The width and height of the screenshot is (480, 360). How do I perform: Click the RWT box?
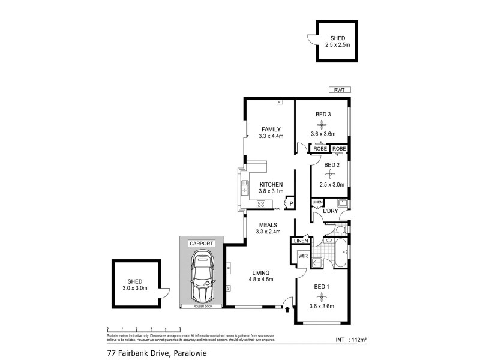tap(339, 90)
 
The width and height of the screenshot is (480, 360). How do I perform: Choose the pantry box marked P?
tap(290, 204)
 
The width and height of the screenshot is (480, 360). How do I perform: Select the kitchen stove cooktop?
tap(262, 205)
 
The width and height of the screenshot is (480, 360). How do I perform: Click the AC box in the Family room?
tap(279, 102)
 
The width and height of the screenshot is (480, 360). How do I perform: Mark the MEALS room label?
tap(268, 224)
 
